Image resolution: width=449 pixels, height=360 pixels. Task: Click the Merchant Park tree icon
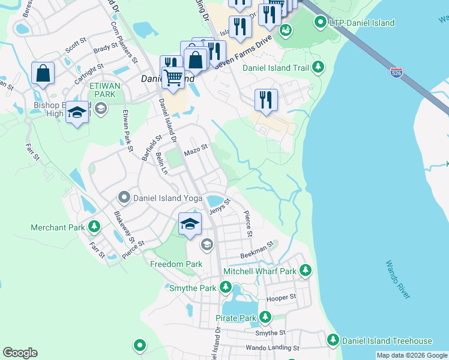point(94,227)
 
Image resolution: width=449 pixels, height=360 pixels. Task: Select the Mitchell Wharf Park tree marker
point(306,271)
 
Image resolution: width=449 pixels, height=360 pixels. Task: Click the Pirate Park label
point(237,317)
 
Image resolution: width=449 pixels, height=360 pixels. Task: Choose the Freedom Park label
point(176,264)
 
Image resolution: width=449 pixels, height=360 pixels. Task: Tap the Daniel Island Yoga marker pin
point(124,197)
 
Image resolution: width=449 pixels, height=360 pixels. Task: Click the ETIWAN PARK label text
point(105,90)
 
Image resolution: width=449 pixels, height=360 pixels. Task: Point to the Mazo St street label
point(196,147)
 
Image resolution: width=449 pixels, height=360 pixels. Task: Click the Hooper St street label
point(281,298)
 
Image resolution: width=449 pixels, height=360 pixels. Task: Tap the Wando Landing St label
point(272,348)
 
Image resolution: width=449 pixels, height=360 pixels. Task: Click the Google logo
point(20,353)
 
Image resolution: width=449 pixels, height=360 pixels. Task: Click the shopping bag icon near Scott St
point(43,74)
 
